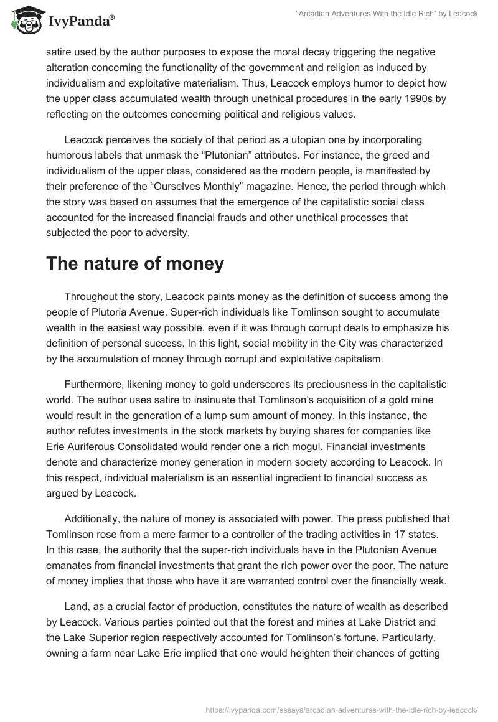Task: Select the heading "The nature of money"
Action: [x=135, y=263]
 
